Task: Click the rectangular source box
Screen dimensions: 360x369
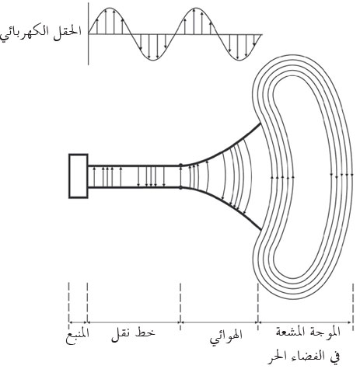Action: [x=79, y=176]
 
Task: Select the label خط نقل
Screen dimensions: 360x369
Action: [x=133, y=335]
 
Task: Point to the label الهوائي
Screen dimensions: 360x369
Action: [x=226, y=336]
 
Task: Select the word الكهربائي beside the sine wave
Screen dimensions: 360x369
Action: [x=28, y=33]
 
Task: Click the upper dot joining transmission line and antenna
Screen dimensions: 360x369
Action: [x=180, y=165]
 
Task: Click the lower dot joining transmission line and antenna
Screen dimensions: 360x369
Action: [x=180, y=187]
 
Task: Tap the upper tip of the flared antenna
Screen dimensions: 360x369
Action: [x=260, y=124]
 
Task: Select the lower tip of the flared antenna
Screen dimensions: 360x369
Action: [x=260, y=229]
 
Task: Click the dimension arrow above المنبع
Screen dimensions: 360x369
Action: [x=78, y=322]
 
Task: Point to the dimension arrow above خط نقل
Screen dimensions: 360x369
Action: [x=134, y=322]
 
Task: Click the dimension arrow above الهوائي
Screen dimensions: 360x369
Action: [x=219, y=322]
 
